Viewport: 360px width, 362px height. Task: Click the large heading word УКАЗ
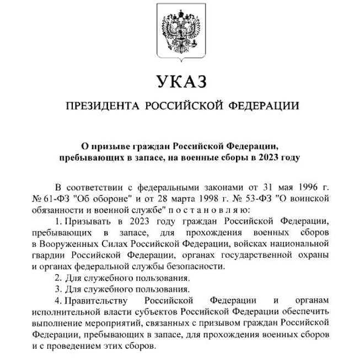(180, 81)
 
